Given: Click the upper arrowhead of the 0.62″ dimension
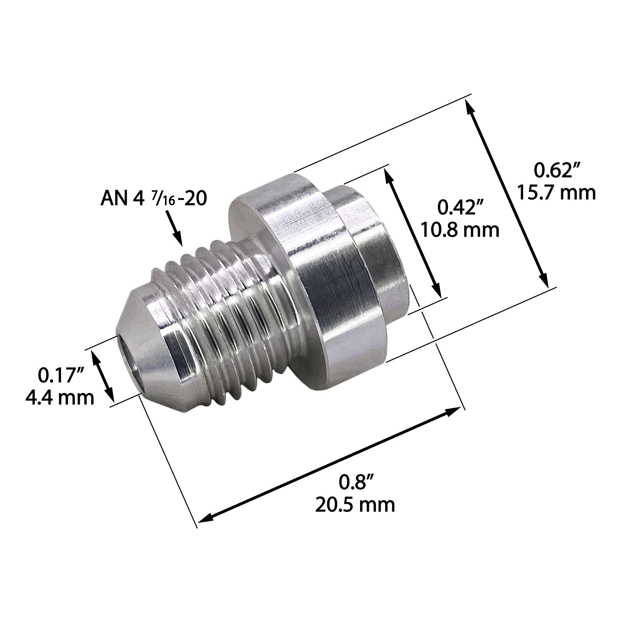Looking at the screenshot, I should (x=470, y=106).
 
